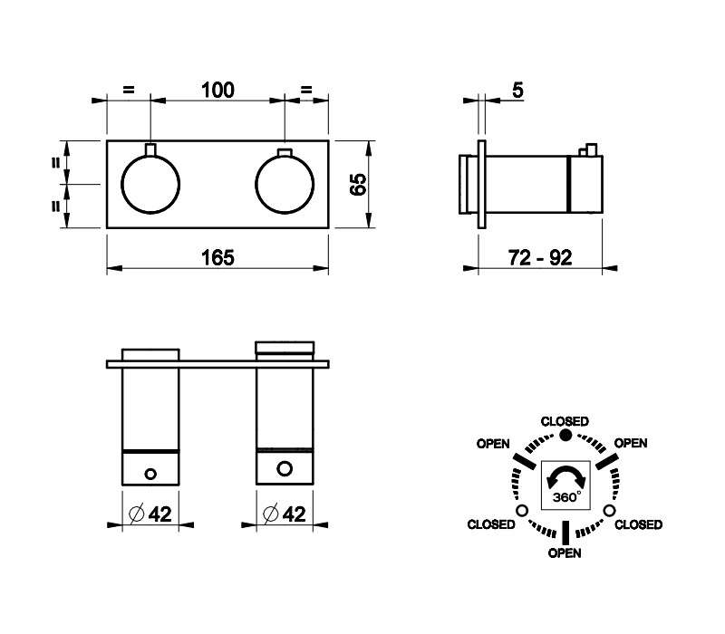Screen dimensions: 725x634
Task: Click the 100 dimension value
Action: (x=217, y=90)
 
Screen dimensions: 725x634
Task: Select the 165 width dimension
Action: (x=217, y=257)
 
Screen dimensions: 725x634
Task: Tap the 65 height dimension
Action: (x=358, y=185)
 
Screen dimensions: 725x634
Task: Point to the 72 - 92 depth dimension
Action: (x=540, y=257)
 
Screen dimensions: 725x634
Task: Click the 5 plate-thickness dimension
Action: (x=517, y=90)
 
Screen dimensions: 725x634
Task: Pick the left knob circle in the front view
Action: (x=150, y=185)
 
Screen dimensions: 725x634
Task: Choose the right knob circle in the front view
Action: (x=285, y=185)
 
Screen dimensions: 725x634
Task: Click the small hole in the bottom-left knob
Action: (x=150, y=474)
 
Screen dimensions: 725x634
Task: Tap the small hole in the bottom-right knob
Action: (x=285, y=468)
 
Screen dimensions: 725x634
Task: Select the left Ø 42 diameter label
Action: (x=150, y=514)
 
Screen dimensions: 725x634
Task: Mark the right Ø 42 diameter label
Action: (x=285, y=514)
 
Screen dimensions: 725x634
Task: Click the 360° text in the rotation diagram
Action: (x=566, y=496)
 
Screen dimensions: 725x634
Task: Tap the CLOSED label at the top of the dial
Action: (x=565, y=421)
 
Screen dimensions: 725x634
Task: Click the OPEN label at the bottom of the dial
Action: (x=565, y=552)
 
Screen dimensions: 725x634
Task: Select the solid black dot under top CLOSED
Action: (x=565, y=435)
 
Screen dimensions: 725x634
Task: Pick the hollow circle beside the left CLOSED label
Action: (x=522, y=511)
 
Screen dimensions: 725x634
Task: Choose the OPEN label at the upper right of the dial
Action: (x=631, y=443)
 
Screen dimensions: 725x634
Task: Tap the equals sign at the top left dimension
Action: (x=128, y=90)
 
